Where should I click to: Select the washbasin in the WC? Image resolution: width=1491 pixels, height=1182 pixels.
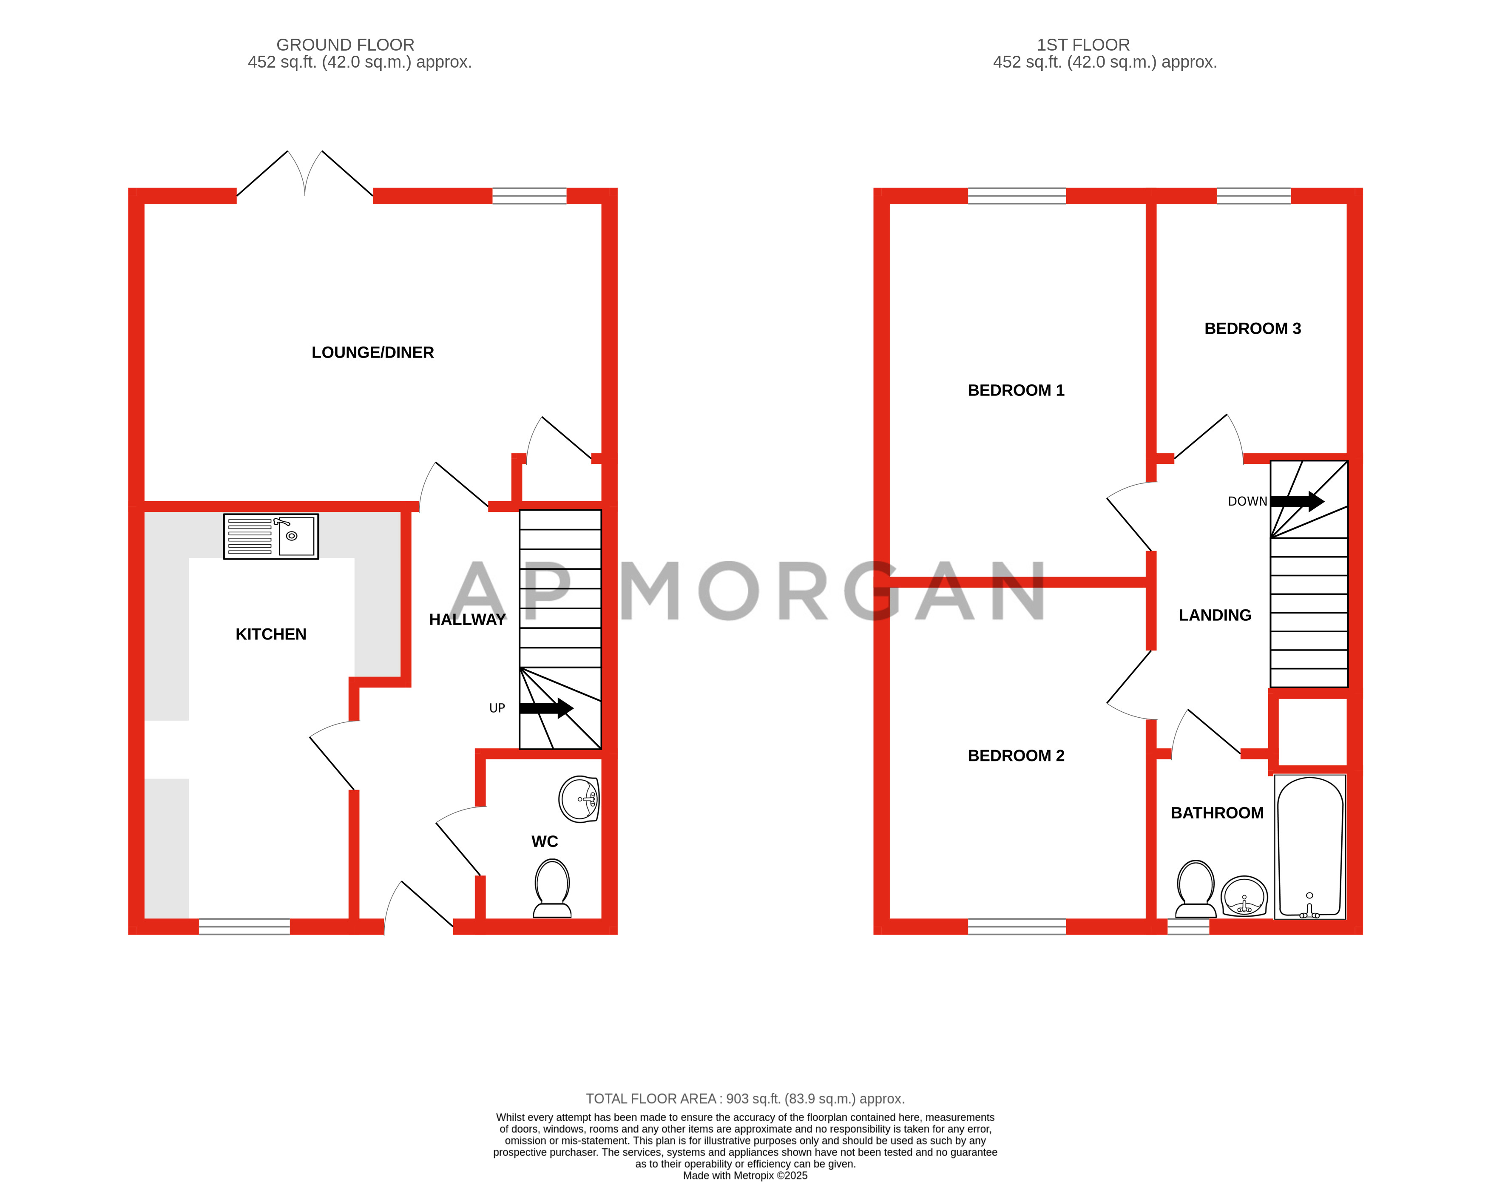pyautogui.click(x=579, y=799)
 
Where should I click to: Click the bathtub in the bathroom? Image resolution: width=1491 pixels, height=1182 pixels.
pyautogui.click(x=1310, y=847)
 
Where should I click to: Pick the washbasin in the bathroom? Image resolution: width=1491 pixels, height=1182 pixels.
pyautogui.click(x=1244, y=896)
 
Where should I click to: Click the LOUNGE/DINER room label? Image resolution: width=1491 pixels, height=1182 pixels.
pyautogui.click(x=373, y=353)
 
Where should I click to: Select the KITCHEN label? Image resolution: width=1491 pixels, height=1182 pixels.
pyautogui.click(x=271, y=634)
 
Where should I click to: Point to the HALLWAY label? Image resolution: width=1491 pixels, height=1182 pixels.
pyautogui.click(x=468, y=620)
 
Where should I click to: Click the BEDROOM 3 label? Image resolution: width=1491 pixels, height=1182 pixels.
pyautogui.click(x=1252, y=329)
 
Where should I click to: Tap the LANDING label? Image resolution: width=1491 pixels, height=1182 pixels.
pyautogui.click(x=1215, y=615)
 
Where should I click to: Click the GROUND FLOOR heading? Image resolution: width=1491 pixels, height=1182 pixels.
pyautogui.click(x=345, y=45)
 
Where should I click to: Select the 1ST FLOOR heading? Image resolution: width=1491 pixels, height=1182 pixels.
pyautogui.click(x=1083, y=45)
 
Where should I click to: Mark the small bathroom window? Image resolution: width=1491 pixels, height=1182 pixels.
pyautogui.click(x=1188, y=927)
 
